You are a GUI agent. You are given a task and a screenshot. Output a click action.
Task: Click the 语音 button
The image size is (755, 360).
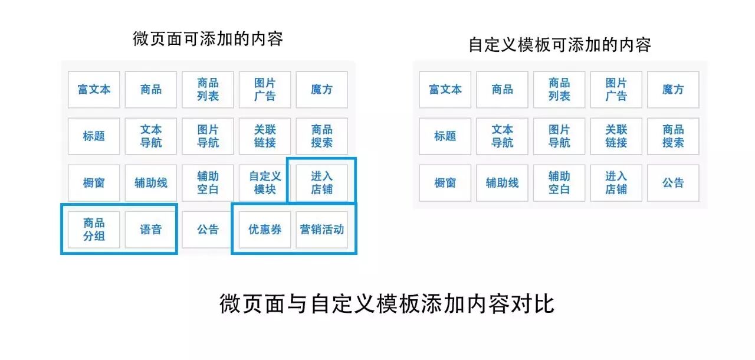pyautogui.click(x=151, y=230)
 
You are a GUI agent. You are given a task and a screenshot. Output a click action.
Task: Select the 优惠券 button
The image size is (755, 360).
pyautogui.click(x=265, y=230)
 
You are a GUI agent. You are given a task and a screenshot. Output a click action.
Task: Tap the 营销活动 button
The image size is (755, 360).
pyautogui.click(x=321, y=230)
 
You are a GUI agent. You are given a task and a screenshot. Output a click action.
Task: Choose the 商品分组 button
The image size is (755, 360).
pyautogui.click(x=94, y=230)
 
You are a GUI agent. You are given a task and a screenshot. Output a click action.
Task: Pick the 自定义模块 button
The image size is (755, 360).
pyautogui.click(x=265, y=183)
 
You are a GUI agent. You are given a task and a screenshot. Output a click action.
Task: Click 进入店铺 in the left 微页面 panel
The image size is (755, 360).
pyautogui.click(x=321, y=183)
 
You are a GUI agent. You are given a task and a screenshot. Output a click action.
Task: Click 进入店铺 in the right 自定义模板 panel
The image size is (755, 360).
pyautogui.click(x=616, y=183)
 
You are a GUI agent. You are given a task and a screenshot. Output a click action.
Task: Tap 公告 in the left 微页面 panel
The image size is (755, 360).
pyautogui.click(x=208, y=230)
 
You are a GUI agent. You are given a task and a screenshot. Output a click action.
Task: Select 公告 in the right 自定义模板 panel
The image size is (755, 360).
pyautogui.click(x=673, y=183)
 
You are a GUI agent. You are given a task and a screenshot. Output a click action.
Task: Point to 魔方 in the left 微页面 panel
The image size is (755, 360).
pyautogui.click(x=321, y=90)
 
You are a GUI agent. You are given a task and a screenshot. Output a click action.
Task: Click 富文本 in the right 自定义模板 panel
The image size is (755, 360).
pyautogui.click(x=445, y=90)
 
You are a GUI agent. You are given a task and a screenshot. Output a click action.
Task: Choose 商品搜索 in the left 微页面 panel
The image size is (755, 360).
pyautogui.click(x=321, y=136)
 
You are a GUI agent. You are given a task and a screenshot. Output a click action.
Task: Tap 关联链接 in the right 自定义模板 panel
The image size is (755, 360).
pyautogui.click(x=616, y=136)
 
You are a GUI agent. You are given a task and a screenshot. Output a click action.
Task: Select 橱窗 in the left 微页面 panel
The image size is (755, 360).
pyautogui.click(x=94, y=183)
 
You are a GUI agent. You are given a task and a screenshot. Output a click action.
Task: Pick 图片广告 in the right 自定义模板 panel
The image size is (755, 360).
pyautogui.click(x=616, y=90)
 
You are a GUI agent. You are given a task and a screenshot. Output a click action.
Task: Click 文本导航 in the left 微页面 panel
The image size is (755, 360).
pyautogui.click(x=151, y=136)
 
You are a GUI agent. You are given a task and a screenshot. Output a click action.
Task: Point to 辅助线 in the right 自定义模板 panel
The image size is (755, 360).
pyautogui.click(x=502, y=183)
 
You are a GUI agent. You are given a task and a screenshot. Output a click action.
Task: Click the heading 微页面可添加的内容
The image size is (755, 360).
pyautogui.click(x=208, y=40)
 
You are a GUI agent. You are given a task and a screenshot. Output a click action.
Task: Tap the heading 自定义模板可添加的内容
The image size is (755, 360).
pyautogui.click(x=559, y=45)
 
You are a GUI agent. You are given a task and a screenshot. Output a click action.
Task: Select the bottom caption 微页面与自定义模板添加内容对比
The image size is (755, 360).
pyautogui.click(x=387, y=305)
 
